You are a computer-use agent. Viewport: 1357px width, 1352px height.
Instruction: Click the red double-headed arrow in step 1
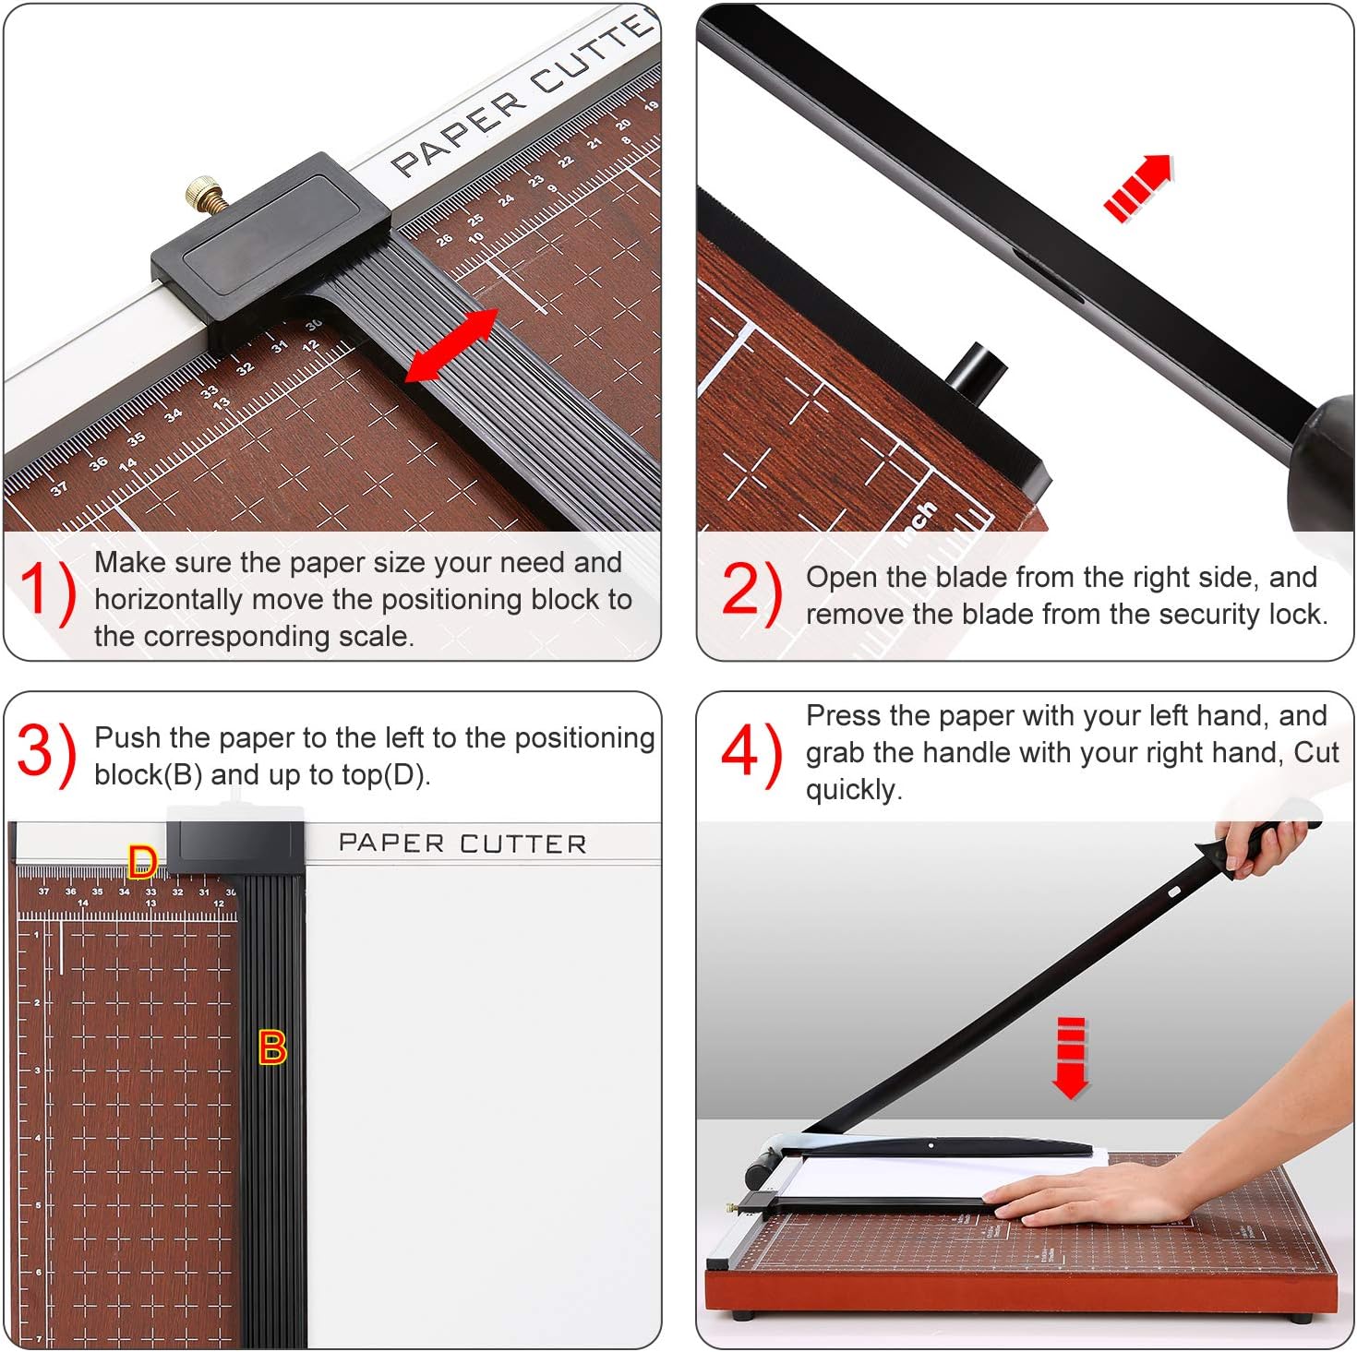[x=452, y=345]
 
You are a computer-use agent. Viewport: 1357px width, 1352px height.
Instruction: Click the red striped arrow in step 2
[x=1138, y=187]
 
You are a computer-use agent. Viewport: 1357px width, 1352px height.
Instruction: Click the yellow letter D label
[x=142, y=862]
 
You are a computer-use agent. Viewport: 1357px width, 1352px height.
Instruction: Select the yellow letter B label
[x=272, y=1047]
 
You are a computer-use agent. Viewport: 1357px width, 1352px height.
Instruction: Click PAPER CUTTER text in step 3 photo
[x=462, y=844]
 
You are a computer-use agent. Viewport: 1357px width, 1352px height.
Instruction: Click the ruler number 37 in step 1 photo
[x=59, y=488]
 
